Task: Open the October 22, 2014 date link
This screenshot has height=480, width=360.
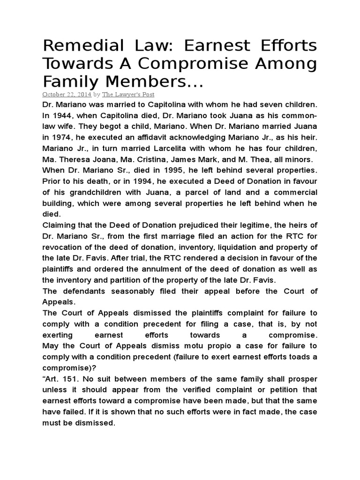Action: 67,94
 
